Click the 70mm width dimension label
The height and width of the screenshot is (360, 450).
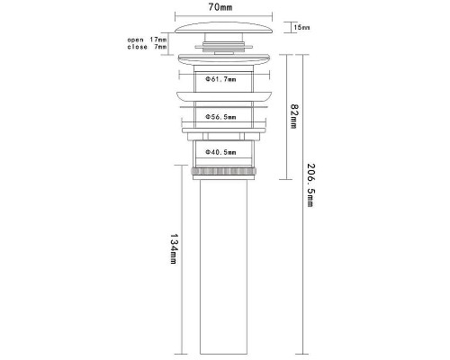pyautogui.click(x=220, y=7)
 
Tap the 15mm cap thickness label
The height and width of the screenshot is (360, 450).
pyautogui.click(x=301, y=28)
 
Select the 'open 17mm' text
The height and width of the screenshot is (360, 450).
pyautogui.click(x=147, y=40)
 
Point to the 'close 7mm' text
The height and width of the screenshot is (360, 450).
pyautogui.click(x=147, y=47)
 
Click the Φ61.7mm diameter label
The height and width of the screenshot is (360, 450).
pyautogui.click(x=220, y=79)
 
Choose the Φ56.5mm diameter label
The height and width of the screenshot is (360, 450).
pyautogui.click(x=220, y=117)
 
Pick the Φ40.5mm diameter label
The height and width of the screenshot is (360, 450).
pyautogui.click(x=220, y=152)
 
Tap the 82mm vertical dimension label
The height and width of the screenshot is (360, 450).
pyautogui.click(x=293, y=116)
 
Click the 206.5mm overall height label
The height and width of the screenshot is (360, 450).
pyautogui.click(x=310, y=184)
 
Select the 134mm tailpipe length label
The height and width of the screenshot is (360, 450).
pyautogui.click(x=174, y=249)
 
